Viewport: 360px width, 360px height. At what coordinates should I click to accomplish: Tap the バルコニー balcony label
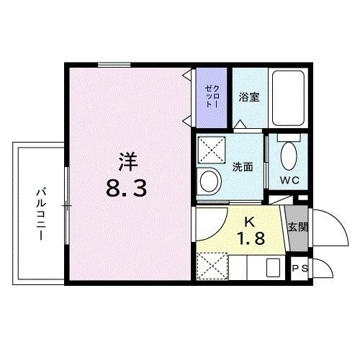click(x=41, y=214)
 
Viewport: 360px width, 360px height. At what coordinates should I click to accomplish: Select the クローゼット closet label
click(x=212, y=94)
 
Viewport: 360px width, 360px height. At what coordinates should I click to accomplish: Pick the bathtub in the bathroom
click(x=290, y=99)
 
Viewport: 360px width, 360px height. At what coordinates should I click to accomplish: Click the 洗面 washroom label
click(x=242, y=167)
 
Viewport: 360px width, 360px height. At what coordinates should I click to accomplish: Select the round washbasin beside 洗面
click(x=210, y=181)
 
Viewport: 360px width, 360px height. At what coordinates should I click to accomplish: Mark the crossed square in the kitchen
click(x=210, y=268)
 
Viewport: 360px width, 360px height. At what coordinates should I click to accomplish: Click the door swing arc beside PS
click(x=323, y=269)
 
